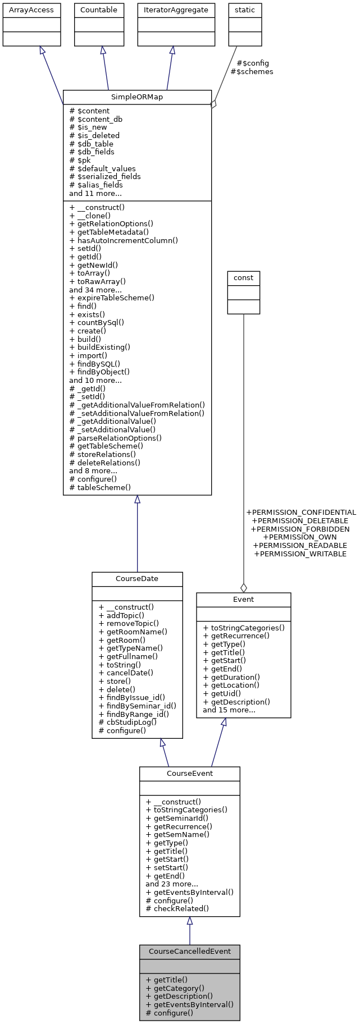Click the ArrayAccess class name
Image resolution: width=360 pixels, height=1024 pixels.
31,10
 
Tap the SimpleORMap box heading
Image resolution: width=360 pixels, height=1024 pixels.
137,97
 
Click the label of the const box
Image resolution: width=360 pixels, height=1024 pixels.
243,278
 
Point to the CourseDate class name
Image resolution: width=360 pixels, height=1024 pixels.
137,579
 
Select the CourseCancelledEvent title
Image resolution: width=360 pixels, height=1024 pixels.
189,952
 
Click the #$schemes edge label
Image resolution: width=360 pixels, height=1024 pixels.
252,72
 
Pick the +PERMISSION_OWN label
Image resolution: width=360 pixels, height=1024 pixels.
300,537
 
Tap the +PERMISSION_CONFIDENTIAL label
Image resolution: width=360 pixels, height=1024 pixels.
301,513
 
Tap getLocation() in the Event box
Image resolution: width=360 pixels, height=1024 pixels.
231,685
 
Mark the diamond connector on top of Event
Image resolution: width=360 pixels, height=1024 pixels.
243,588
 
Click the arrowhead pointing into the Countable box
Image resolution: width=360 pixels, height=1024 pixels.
102,51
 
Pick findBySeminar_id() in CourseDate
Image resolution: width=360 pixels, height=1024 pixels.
137,706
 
